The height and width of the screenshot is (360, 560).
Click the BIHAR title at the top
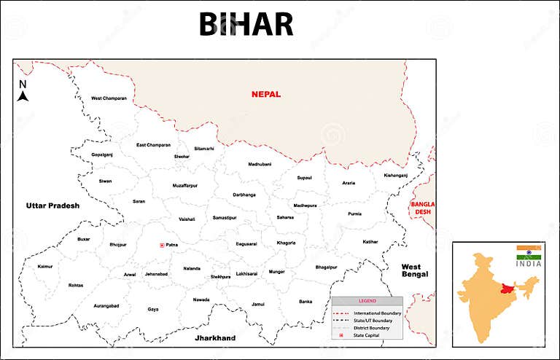246,25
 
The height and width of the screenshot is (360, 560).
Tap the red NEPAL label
265,94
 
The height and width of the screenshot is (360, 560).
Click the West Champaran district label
109,98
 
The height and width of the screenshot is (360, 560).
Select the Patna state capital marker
161,245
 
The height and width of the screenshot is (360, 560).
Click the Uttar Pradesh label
52,206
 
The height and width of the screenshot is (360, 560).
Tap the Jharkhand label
214,338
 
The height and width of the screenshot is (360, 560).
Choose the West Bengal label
415,270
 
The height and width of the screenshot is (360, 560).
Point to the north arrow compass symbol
23,93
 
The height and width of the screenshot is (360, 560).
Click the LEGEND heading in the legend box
367,301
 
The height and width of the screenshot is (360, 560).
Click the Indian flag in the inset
529,252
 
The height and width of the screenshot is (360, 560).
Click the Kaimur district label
45,267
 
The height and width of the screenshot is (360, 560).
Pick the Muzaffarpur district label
184,186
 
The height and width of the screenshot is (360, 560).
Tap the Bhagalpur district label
326,267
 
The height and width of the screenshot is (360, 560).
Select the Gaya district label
153,309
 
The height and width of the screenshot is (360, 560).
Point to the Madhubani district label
259,165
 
